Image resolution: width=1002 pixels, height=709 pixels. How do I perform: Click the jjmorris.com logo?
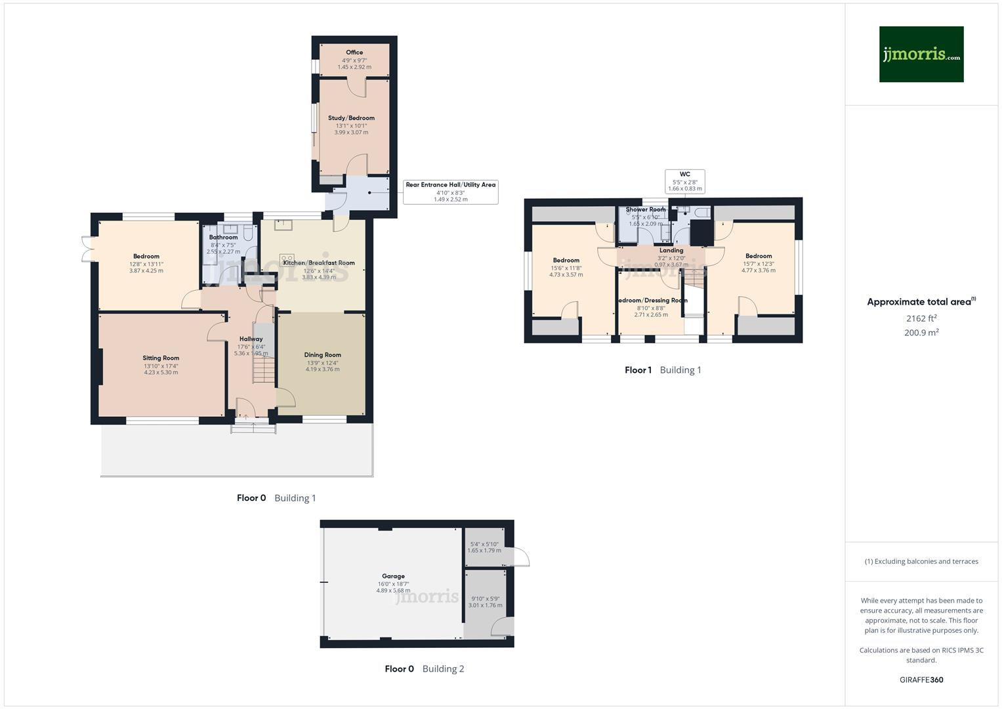tap(921, 54)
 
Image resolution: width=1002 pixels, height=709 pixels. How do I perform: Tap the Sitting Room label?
tap(161, 358)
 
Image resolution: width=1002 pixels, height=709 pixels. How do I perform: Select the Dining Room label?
tap(322, 355)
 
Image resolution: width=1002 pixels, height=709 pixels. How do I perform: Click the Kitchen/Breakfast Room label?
tap(318, 263)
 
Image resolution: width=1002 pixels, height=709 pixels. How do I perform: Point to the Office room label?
tap(354, 53)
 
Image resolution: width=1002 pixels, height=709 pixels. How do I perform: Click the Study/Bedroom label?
tap(351, 118)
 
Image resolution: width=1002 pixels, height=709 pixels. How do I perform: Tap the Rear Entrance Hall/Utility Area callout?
tap(450, 191)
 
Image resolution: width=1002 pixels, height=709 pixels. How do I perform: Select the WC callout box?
tap(684, 181)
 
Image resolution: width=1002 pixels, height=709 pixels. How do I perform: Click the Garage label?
tap(393, 576)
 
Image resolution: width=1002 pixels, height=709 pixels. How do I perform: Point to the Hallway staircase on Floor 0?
tap(263, 372)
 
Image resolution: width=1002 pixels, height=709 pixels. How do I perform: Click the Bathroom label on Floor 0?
tap(223, 238)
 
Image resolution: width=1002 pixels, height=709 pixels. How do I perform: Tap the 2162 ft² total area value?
tap(921, 318)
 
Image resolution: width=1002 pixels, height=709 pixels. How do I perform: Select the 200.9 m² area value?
tap(921, 333)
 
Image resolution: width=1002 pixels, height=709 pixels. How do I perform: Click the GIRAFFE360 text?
tap(921, 680)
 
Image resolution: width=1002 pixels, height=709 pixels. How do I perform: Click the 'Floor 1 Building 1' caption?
tap(662, 370)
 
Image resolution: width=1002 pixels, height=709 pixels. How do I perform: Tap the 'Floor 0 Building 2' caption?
tap(424, 669)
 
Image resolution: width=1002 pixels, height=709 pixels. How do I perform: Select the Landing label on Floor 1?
tap(671, 250)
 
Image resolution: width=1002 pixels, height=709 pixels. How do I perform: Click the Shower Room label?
tap(645, 210)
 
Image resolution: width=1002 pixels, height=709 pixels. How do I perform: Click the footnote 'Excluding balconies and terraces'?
tap(921, 561)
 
